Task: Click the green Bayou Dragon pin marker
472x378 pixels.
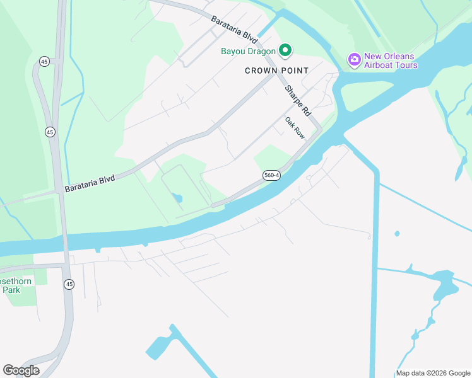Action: pos(285,50)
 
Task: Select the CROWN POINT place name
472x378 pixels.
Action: pos(276,71)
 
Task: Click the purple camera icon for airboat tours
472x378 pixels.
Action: pos(354,60)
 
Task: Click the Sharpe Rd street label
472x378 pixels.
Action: pos(297,100)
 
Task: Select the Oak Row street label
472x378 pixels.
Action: pos(295,128)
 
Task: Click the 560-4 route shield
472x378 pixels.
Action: pos(271,175)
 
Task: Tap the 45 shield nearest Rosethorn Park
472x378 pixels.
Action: pos(69,284)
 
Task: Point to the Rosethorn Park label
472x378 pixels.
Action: pos(16,285)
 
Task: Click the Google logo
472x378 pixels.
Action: pos(21,370)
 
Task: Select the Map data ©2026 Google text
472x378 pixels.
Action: pos(433,373)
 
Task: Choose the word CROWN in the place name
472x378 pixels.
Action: pos(261,71)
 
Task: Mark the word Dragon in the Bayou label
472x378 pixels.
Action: pos(262,51)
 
